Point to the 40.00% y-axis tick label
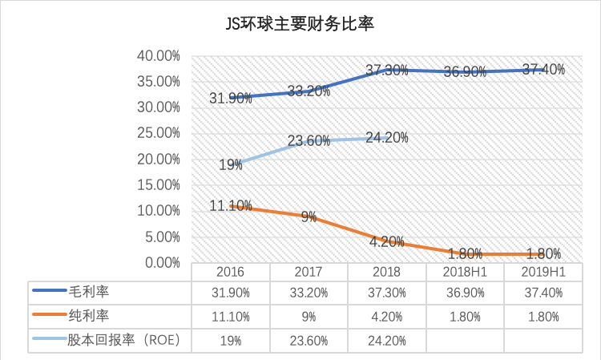[159, 56]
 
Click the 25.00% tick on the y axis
[159, 133]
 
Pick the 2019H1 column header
[543, 272]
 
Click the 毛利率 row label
[87, 290]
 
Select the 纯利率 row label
[87, 315]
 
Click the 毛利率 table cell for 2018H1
[466, 291]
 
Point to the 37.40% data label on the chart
[543, 70]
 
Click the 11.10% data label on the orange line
[232, 205]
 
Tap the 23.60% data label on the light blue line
[309, 141]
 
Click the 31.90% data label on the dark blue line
[232, 98]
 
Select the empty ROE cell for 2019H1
[543, 340]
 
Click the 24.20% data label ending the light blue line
[387, 138]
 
